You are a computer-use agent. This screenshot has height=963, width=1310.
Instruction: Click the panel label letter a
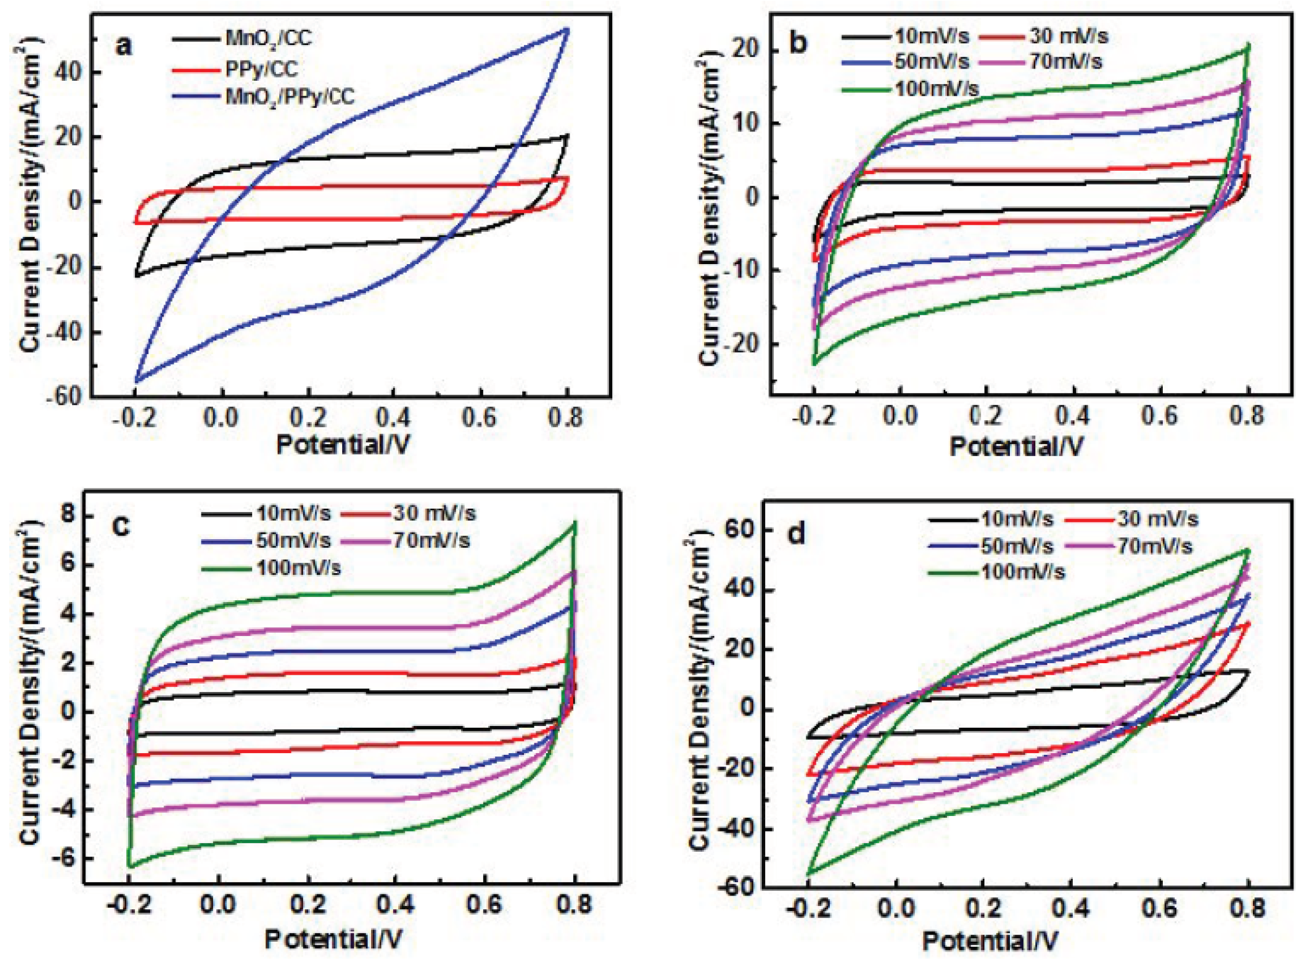[124, 46]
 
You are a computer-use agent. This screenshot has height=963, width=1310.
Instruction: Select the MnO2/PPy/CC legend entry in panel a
[290, 96]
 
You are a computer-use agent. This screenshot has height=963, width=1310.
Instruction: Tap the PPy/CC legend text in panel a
[261, 69]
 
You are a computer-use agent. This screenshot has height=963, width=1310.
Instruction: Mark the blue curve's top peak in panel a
[566, 29]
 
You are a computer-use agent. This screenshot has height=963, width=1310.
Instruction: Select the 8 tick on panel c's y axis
[68, 517]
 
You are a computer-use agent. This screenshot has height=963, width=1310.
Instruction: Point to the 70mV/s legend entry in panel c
[431, 540]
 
